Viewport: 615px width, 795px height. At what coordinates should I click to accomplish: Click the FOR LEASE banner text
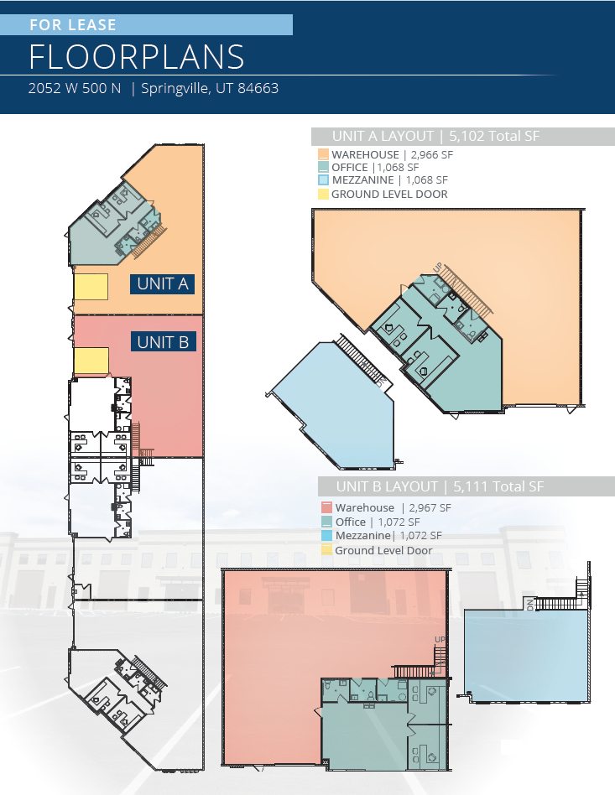73,25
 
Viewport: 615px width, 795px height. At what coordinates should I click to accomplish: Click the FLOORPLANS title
137,56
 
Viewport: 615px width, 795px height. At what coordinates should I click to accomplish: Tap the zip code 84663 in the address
258,88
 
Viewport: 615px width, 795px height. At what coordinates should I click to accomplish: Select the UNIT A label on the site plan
163,284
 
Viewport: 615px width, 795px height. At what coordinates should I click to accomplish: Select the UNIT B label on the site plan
163,342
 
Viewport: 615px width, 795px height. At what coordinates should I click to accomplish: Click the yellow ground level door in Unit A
91,287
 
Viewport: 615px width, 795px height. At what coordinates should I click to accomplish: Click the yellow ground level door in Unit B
91,361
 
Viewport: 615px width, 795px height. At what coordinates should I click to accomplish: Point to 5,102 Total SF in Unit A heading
494,137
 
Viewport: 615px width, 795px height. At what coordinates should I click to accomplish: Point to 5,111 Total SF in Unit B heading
498,486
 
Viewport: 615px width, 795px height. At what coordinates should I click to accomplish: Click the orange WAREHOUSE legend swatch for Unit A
323,154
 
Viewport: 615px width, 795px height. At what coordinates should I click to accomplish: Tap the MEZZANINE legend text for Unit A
362,180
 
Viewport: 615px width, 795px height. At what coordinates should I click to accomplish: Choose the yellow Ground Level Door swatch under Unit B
326,550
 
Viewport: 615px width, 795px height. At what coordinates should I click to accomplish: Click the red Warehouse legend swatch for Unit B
326,507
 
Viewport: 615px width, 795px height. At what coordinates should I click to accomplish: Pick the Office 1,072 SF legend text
378,522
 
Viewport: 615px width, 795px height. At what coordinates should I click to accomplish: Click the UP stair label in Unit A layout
438,266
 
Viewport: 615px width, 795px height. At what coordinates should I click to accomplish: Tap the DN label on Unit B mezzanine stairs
530,605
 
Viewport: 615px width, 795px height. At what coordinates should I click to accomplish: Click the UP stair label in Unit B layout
440,639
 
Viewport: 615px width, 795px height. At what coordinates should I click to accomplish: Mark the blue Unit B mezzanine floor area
525,655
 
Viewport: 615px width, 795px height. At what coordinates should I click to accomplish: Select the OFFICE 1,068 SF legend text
375,168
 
